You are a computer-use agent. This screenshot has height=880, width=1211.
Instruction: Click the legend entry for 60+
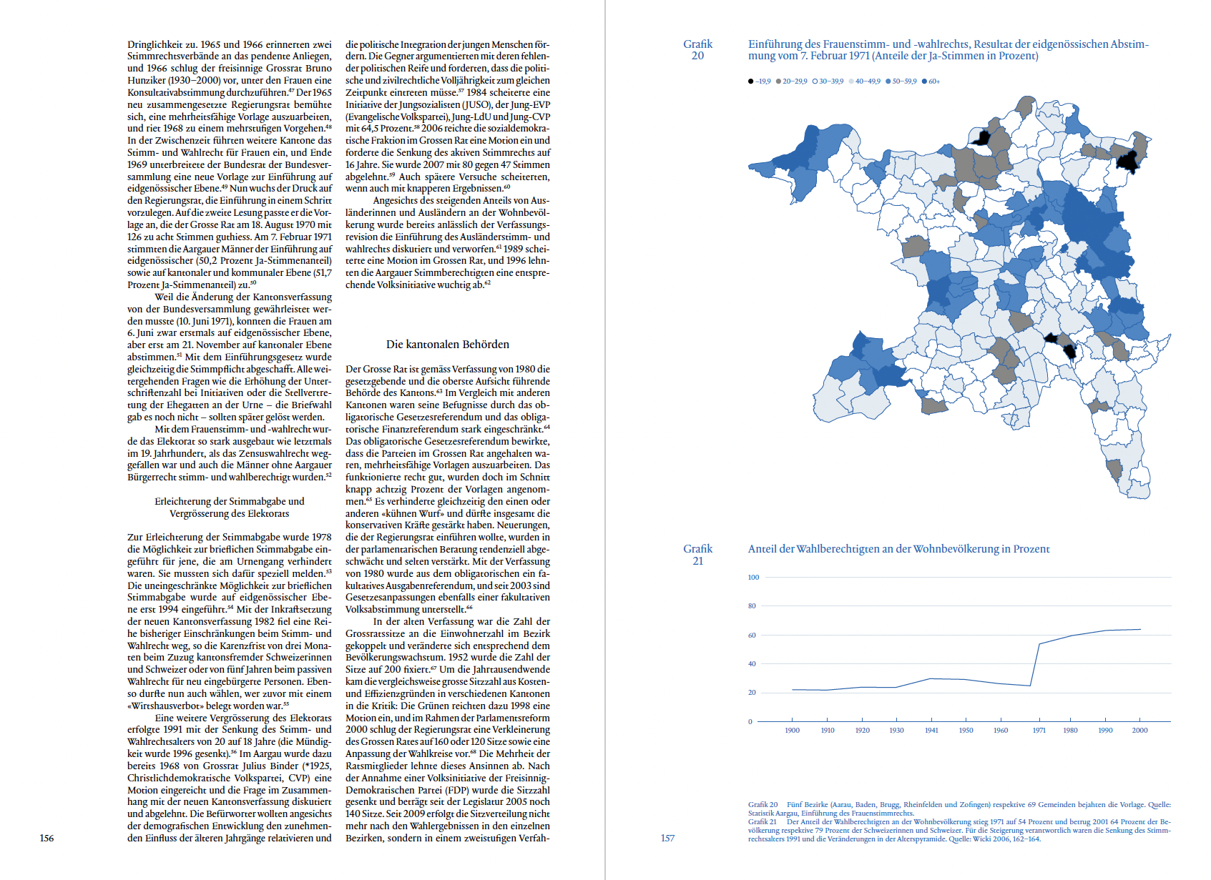point(933,81)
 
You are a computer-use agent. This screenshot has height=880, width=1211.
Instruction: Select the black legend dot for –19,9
point(750,81)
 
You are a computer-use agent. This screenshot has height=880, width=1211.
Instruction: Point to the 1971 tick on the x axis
point(1039,730)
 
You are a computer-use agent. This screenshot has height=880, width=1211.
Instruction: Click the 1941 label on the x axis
point(931,730)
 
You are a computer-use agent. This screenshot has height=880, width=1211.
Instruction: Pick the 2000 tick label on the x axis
point(1139,730)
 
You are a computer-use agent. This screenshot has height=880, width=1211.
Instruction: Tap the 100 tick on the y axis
point(753,577)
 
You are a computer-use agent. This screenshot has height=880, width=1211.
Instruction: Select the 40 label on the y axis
point(752,663)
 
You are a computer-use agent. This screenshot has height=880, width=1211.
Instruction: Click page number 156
point(46,838)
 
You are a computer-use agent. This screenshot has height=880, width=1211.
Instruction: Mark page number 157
point(667,838)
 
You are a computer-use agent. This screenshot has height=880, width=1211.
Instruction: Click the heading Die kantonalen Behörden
point(447,345)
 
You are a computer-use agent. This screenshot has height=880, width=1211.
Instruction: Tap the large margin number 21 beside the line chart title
point(697,561)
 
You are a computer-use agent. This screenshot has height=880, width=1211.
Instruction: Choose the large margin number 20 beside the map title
point(697,56)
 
